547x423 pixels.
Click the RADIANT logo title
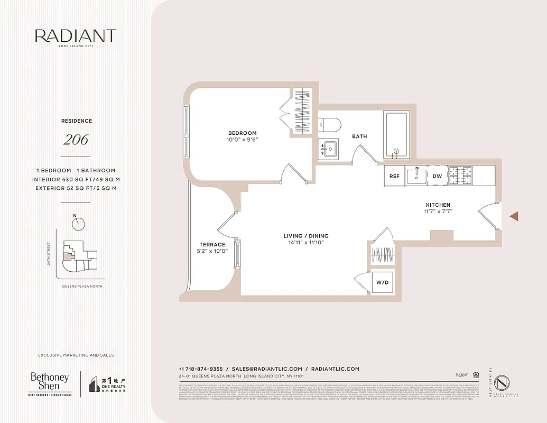click(76, 36)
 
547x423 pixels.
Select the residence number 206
click(76, 140)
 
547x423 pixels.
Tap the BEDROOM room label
click(243, 133)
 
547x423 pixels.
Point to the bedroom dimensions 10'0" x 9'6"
click(243, 140)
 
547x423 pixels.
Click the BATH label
click(359, 136)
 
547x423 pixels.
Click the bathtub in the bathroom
click(395, 135)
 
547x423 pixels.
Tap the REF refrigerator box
click(394, 176)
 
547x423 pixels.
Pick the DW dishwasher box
click(437, 176)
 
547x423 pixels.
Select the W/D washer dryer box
click(382, 282)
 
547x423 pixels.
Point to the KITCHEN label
click(438, 205)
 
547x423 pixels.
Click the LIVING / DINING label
click(305, 236)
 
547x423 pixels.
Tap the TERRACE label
click(212, 244)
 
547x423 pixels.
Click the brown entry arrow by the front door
click(514, 216)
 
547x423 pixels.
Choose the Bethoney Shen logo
click(50, 383)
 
